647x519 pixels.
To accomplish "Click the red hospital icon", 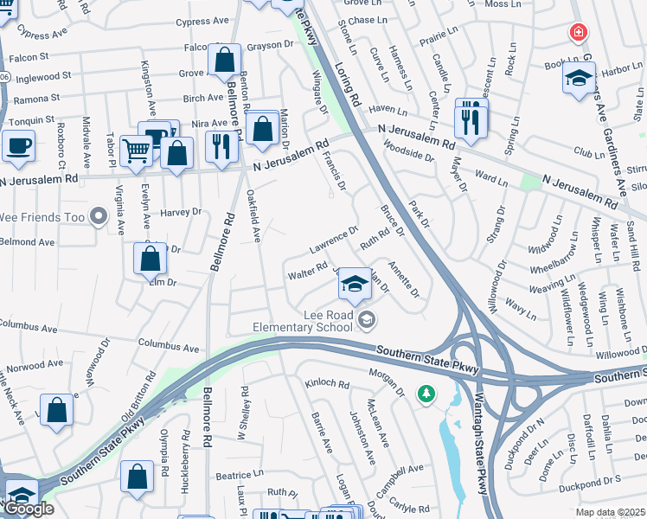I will click(576, 33).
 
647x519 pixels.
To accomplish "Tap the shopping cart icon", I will click(136, 151).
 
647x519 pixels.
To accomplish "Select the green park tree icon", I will click(426, 394).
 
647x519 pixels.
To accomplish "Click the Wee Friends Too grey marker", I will click(99, 215).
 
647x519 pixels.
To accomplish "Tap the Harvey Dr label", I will click(180, 211).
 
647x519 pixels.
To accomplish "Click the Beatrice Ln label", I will click(240, 475).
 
